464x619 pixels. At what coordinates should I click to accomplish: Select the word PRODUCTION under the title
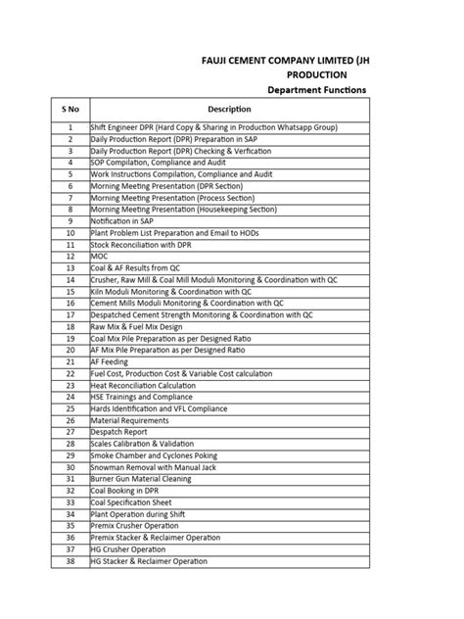[x=316, y=73]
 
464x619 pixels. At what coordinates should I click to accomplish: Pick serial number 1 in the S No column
[x=70, y=127]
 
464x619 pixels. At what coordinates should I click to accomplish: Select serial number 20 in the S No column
[x=70, y=350]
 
